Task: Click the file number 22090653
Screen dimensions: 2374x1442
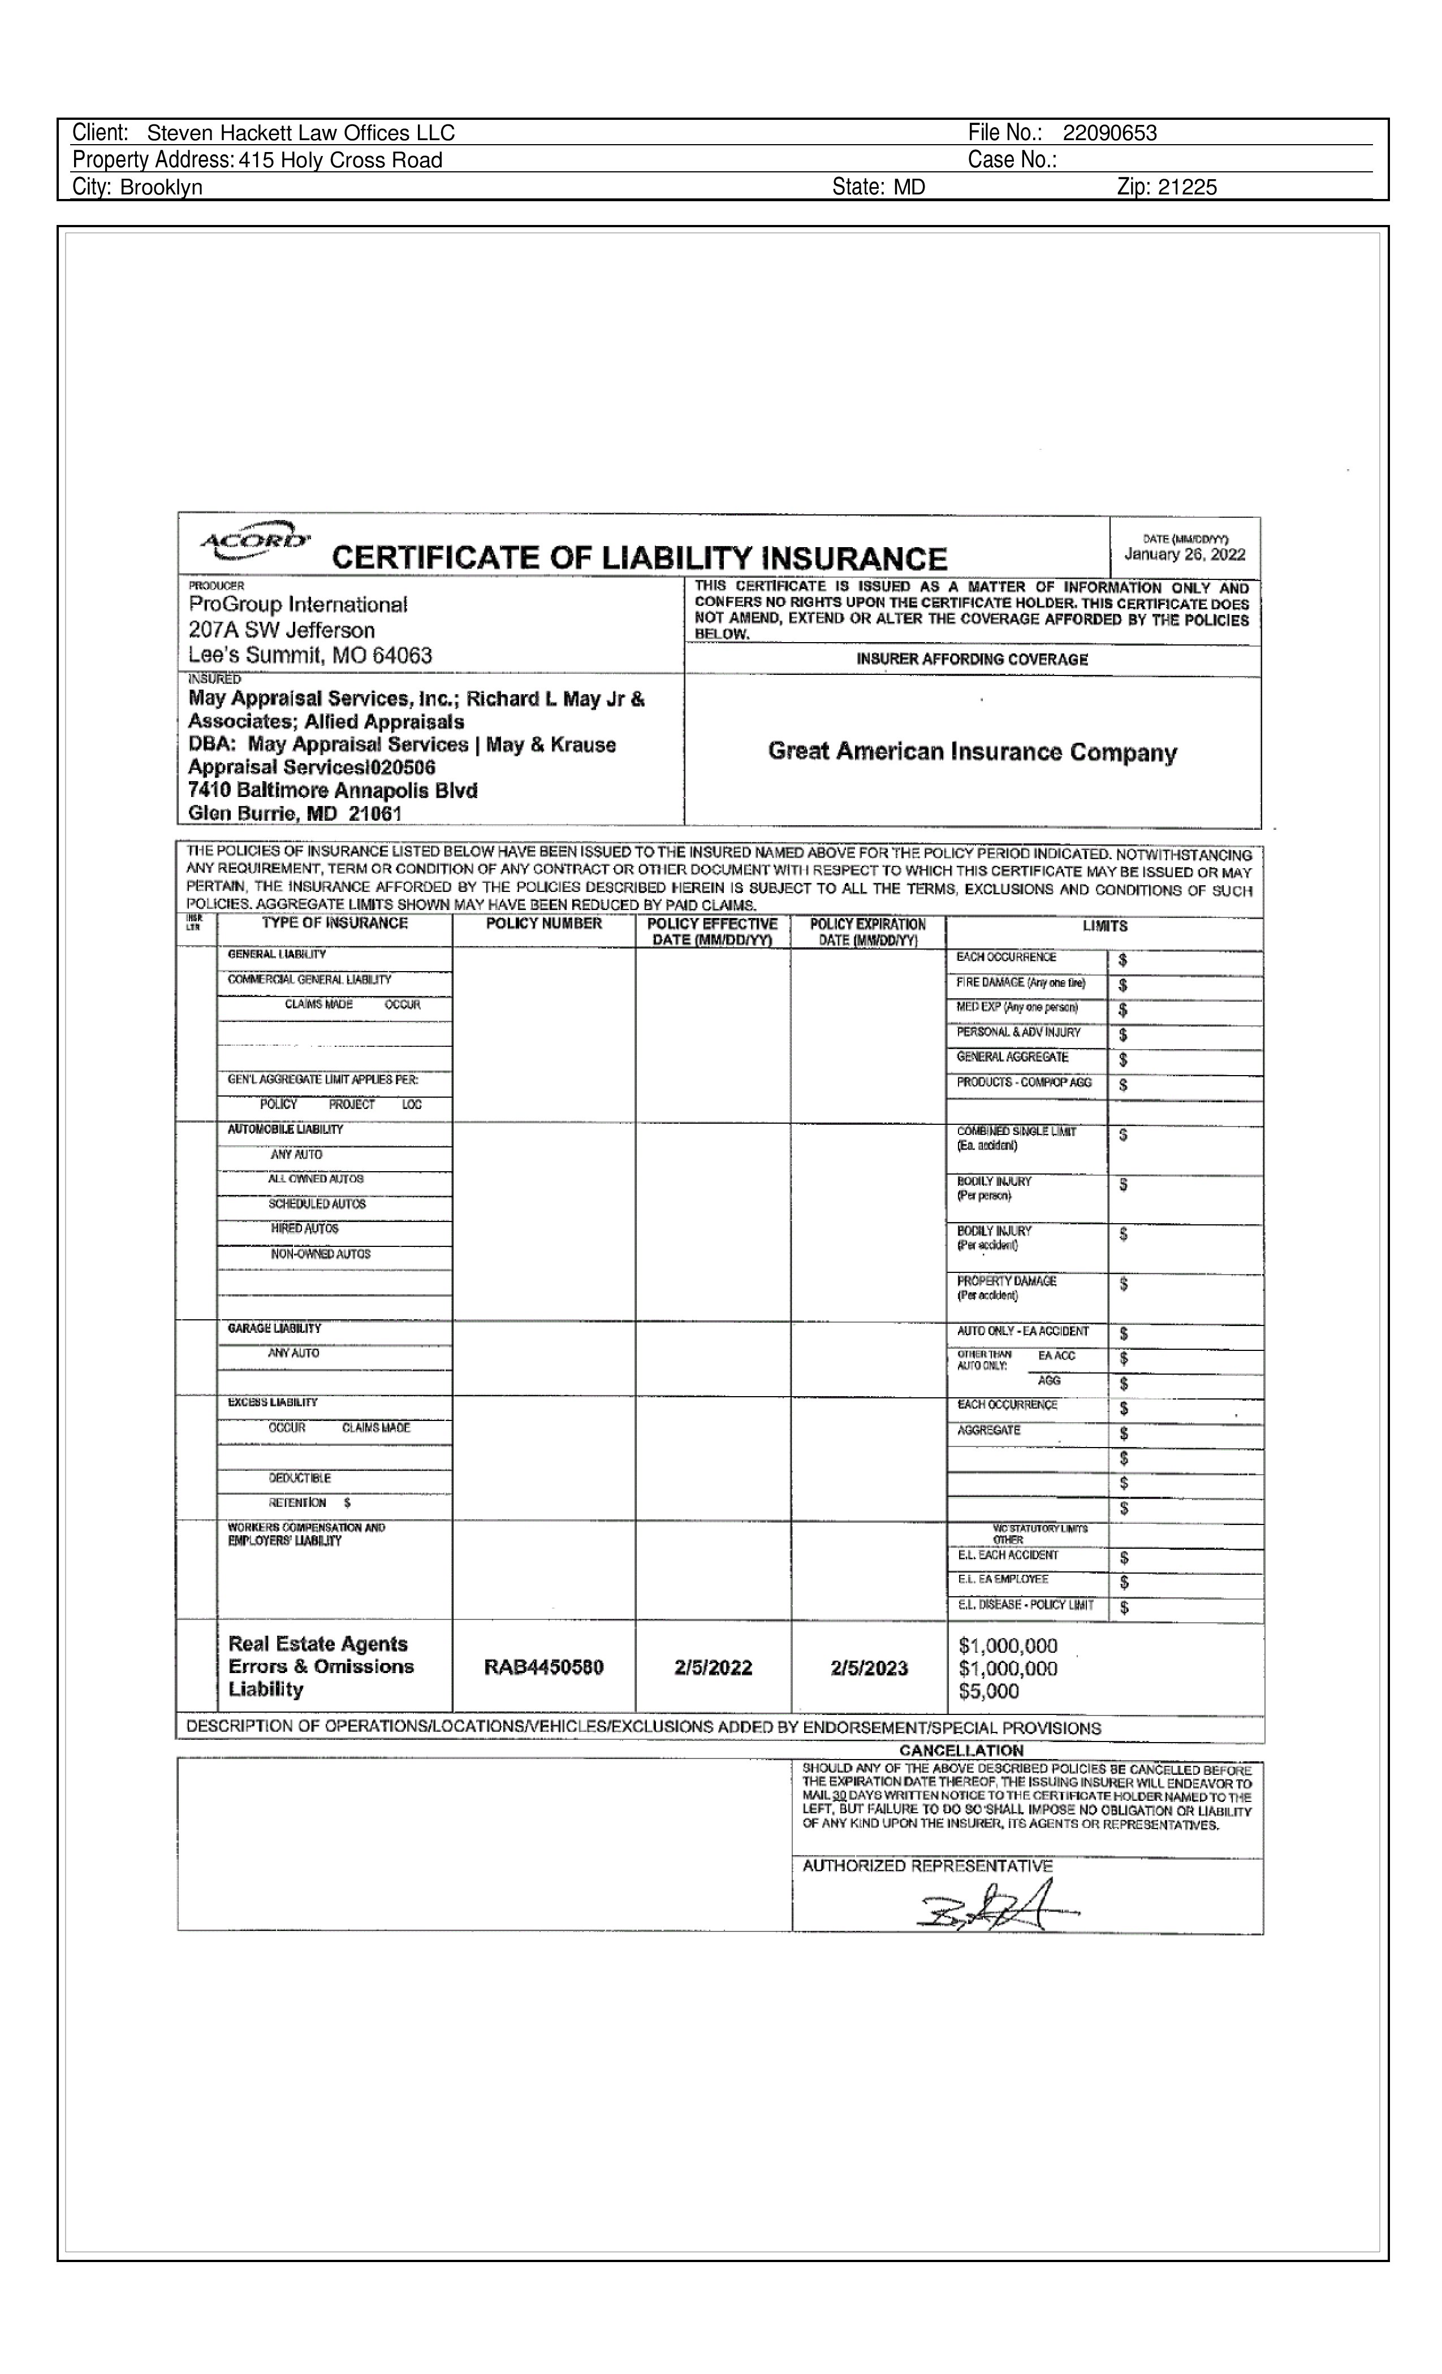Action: coord(1109,133)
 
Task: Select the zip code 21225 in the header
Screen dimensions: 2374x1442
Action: coord(1188,187)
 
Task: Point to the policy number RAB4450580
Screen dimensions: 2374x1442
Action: coord(543,1668)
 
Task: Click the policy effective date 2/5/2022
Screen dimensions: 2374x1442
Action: coord(713,1668)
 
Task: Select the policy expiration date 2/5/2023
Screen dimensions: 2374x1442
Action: coord(869,1668)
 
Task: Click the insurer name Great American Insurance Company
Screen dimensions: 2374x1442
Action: coord(972,752)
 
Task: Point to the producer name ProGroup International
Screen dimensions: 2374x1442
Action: coord(298,604)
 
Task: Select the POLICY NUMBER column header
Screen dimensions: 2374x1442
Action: coord(543,923)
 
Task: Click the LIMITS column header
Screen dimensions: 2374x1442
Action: coord(1104,926)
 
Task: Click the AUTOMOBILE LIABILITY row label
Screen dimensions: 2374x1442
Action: coord(286,1129)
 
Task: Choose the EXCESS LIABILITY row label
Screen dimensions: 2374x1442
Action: coord(273,1403)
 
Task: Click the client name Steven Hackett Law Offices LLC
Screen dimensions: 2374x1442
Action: coord(301,133)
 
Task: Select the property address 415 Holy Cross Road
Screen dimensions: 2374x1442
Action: coord(341,160)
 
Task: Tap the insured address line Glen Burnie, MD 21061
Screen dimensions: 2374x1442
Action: coord(295,813)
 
